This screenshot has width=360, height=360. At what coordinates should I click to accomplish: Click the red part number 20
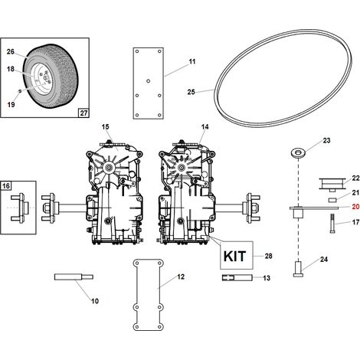click(x=355, y=207)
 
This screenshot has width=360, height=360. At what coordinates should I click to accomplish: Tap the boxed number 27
click(x=83, y=113)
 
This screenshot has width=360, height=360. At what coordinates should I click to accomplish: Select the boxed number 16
click(x=5, y=186)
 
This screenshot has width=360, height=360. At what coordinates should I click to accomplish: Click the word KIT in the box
click(x=234, y=256)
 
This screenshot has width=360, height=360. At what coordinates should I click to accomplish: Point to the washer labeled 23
click(x=298, y=153)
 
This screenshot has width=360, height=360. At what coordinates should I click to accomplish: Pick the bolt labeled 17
click(x=332, y=223)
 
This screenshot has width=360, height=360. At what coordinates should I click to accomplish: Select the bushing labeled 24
click(x=298, y=269)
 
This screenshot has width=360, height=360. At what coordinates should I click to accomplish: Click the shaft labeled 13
click(x=237, y=277)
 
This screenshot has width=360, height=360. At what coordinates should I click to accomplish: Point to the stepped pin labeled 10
click(x=74, y=277)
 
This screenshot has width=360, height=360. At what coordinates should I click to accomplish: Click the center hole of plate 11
click(x=148, y=81)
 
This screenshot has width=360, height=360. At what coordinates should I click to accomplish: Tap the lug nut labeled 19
click(x=20, y=91)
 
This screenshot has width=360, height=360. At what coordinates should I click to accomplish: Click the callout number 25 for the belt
click(x=191, y=92)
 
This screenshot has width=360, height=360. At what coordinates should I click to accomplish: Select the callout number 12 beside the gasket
click(x=181, y=277)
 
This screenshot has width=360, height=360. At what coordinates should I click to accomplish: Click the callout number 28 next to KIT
click(x=268, y=256)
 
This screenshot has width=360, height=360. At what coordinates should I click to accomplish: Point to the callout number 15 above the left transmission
click(x=105, y=127)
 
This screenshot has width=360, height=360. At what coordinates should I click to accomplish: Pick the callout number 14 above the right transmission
click(x=205, y=127)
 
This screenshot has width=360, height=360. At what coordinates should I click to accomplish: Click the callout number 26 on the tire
click(x=11, y=51)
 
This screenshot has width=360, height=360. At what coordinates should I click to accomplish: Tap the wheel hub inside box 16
click(x=21, y=208)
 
